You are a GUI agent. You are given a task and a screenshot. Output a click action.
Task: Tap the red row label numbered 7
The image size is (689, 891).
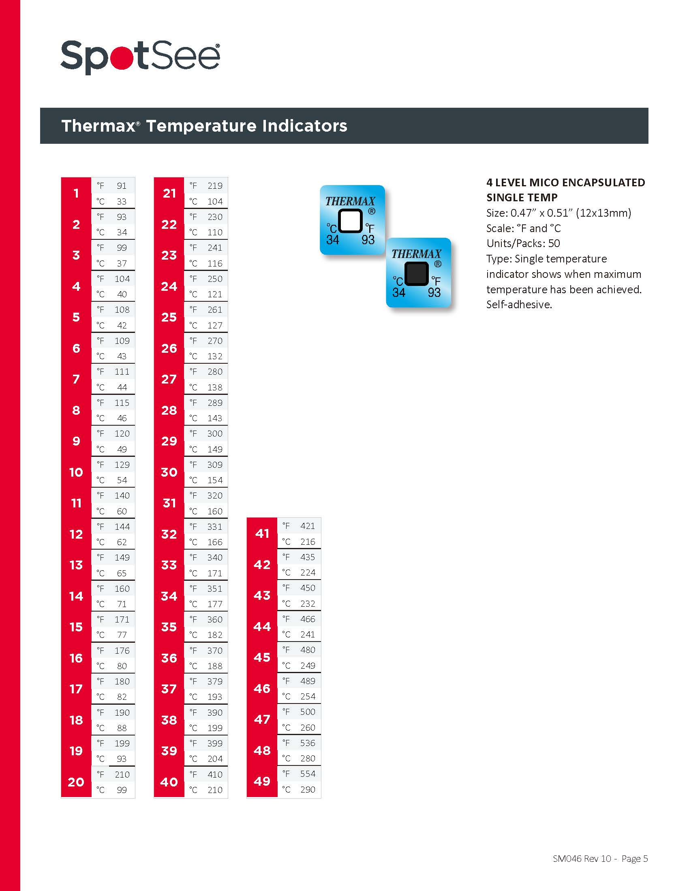(x=76, y=379)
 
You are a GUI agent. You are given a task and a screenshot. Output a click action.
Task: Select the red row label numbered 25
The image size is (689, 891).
(x=169, y=317)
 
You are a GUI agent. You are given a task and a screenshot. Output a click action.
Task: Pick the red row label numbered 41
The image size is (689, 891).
(x=262, y=533)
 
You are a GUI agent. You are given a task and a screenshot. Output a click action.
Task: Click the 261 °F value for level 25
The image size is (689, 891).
(x=215, y=310)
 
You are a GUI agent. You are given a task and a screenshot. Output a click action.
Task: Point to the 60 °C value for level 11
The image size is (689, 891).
(x=122, y=511)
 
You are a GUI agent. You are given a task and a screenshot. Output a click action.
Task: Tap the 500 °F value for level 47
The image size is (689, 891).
(x=307, y=712)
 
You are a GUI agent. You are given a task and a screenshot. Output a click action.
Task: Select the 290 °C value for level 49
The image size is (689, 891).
(x=307, y=789)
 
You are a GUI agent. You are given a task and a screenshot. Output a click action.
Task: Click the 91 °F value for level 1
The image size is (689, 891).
(x=122, y=185)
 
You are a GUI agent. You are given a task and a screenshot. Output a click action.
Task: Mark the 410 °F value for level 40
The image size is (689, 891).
(x=215, y=774)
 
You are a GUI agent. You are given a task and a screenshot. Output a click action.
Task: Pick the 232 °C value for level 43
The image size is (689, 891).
(x=307, y=603)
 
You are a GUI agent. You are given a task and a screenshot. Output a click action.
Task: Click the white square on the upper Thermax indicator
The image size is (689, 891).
(x=350, y=221)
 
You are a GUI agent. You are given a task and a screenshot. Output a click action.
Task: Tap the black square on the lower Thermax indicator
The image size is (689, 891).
(x=416, y=273)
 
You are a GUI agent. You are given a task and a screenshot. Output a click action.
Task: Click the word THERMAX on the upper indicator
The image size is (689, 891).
(x=350, y=201)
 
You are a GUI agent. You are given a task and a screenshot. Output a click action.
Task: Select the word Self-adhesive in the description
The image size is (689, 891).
(x=519, y=304)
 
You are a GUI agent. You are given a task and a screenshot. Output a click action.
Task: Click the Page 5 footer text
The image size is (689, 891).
(x=634, y=859)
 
